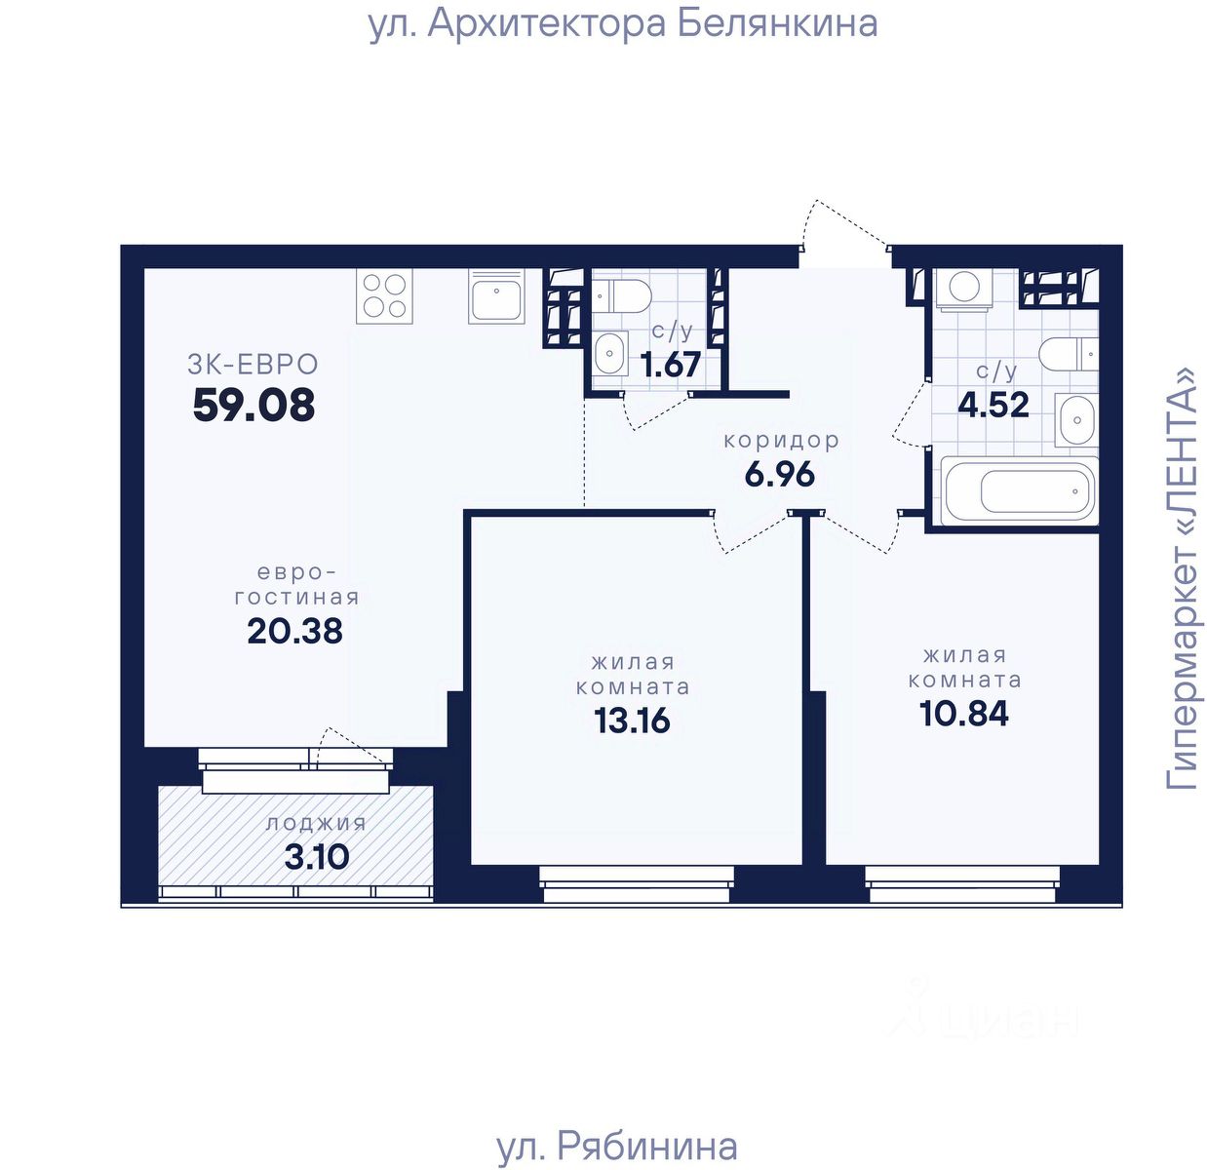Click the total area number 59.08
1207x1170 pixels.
(x=253, y=405)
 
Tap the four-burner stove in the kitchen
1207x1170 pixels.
(x=384, y=295)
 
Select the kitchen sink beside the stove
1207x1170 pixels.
(x=495, y=295)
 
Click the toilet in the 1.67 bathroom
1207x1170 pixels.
(x=621, y=295)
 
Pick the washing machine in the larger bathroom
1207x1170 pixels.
(x=964, y=289)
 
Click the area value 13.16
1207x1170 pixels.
(x=632, y=721)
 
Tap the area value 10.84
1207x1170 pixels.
(x=964, y=714)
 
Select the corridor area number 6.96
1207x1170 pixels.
(x=780, y=475)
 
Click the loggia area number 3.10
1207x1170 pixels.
(x=317, y=857)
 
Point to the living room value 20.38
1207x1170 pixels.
(x=294, y=632)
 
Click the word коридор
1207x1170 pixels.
(x=782, y=441)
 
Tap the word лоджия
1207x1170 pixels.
(x=316, y=824)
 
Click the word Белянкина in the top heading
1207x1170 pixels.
(x=777, y=24)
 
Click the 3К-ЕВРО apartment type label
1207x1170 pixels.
(x=253, y=365)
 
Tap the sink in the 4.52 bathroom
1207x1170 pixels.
(x=1076, y=419)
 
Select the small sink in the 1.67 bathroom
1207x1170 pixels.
(x=610, y=353)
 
